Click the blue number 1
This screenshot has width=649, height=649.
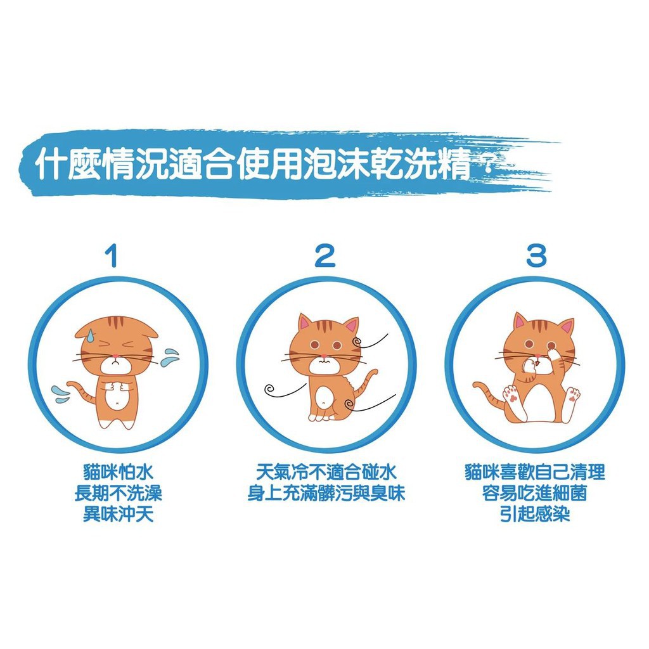112,255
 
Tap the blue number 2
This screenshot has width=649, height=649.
324,255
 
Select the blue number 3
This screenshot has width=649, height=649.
536,255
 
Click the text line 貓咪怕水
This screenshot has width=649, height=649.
118,472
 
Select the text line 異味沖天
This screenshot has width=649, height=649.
118,515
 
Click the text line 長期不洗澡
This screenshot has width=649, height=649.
118,493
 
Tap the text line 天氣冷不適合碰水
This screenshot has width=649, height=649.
326,472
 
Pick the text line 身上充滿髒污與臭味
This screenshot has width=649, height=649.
326,493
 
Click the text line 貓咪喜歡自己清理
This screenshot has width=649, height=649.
535,472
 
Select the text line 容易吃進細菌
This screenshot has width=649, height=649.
535,493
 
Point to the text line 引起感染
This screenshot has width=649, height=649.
535,515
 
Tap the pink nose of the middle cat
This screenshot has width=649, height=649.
323,356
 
